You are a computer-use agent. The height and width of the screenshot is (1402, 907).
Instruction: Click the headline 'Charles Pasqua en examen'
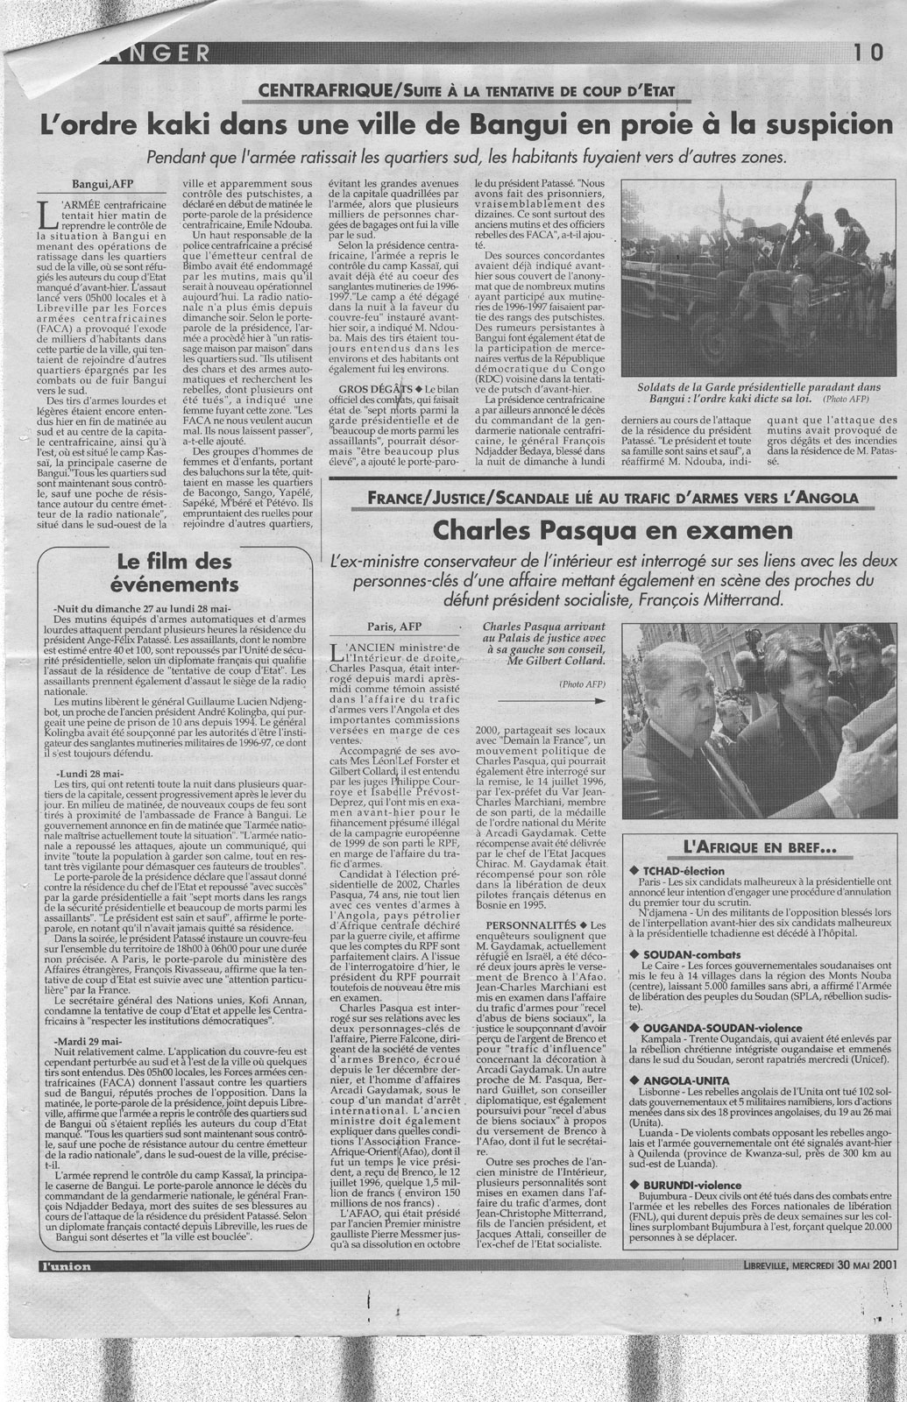click(x=613, y=531)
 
